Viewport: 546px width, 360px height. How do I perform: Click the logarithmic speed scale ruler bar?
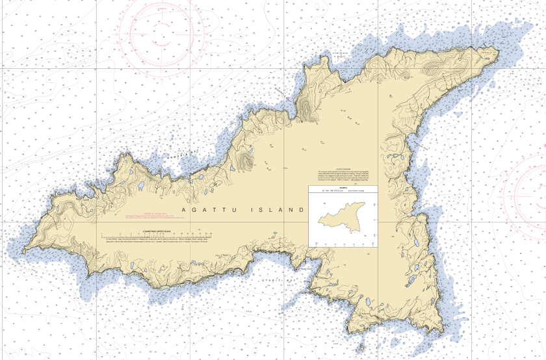click(x=156, y=233)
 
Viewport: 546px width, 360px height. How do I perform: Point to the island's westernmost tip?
click(x=24, y=252)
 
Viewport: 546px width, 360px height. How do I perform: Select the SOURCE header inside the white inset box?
click(x=342, y=188)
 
